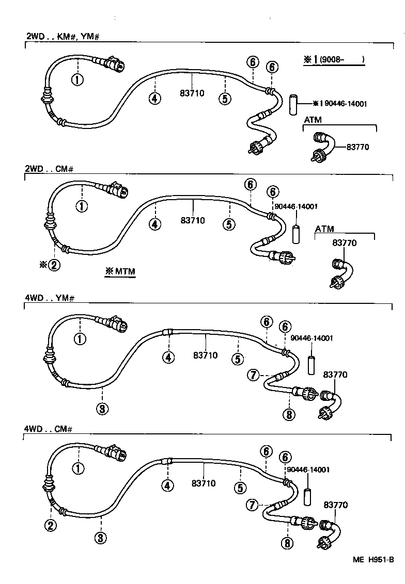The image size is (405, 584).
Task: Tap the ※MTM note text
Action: [x=120, y=271]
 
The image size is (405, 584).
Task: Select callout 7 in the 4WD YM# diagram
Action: [x=253, y=375]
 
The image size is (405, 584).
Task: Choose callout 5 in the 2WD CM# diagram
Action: [x=229, y=224]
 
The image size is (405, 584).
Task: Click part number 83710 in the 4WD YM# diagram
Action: [x=206, y=355]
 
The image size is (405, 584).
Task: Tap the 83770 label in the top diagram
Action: [x=359, y=147]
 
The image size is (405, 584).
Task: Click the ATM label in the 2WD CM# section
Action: [x=325, y=229]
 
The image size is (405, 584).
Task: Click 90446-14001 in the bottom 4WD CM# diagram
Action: [x=308, y=470]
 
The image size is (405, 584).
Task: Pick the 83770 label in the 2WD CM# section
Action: [x=344, y=242]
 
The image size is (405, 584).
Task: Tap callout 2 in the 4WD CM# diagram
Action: [x=50, y=526]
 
